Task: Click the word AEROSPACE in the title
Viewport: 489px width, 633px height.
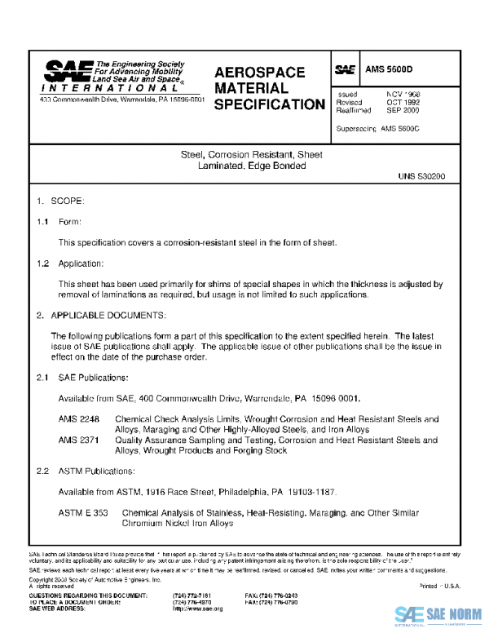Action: pyautogui.click(x=259, y=73)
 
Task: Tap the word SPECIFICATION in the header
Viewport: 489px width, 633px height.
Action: pyautogui.click(x=268, y=104)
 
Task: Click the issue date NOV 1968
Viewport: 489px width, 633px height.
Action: pyautogui.click(x=403, y=95)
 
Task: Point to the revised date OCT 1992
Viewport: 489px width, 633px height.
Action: pyautogui.click(x=403, y=103)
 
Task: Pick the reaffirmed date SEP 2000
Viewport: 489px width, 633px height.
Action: pyautogui.click(x=403, y=110)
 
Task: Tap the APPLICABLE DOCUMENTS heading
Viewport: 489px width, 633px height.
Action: pyautogui.click(x=108, y=315)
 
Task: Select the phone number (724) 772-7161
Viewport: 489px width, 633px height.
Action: pyautogui.click(x=193, y=596)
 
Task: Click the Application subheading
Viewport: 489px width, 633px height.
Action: pyautogui.click(x=81, y=263)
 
